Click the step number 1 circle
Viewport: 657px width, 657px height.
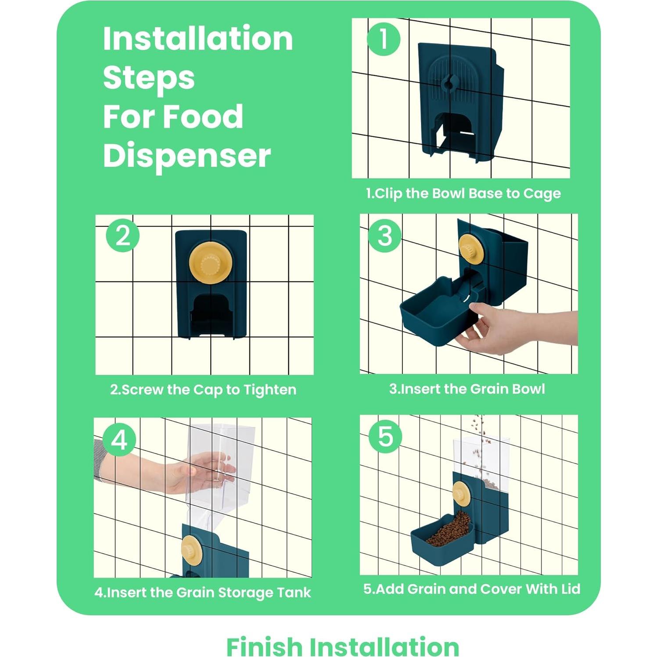coord(384,39)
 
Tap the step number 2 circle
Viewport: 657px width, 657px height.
coord(123,235)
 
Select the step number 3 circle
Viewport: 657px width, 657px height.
coord(385,235)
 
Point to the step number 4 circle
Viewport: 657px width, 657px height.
coord(119,439)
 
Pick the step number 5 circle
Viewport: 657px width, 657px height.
coord(385,436)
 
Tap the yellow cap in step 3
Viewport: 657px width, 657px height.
coord(471,249)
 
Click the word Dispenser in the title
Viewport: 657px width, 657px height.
coord(187,156)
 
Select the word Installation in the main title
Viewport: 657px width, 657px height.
coord(198,39)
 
